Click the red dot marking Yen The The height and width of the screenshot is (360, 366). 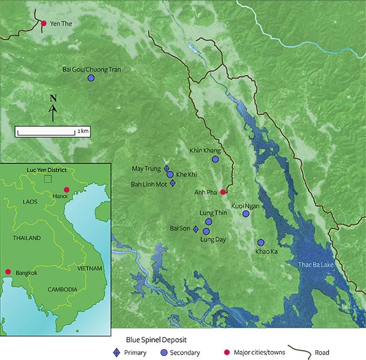[44, 23]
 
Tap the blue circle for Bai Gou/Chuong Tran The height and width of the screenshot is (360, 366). [91, 78]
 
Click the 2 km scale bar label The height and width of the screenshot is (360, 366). [83, 132]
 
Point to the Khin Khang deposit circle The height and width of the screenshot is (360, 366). [215, 159]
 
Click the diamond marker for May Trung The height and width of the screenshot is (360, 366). [167, 168]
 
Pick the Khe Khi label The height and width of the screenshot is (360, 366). [187, 174]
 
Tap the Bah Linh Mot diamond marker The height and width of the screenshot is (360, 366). [173, 183]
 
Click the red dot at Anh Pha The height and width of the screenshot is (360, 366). [223, 192]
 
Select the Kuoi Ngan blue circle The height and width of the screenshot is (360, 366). [246, 214]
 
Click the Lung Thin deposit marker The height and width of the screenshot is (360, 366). [209, 221]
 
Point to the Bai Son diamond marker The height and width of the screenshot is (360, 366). [196, 229]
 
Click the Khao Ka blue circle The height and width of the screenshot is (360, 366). [261, 242]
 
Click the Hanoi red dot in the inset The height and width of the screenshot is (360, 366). [66, 190]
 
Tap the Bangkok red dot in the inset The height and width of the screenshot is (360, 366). [8, 272]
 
